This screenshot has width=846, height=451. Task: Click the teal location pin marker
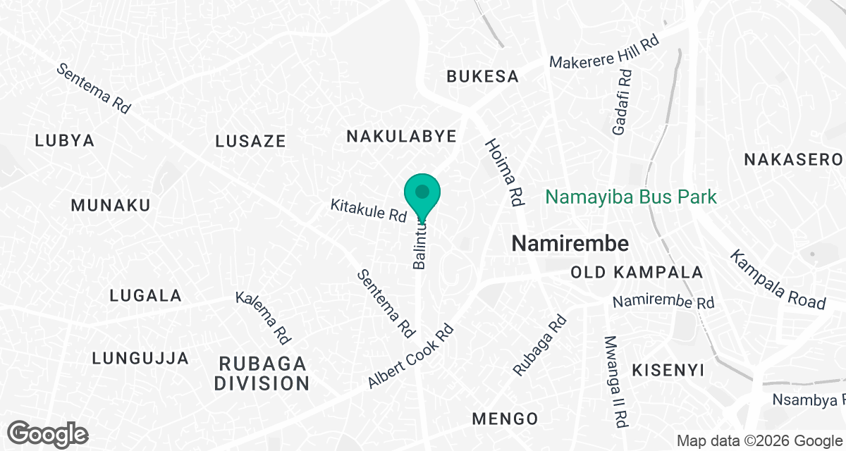coord(422,193)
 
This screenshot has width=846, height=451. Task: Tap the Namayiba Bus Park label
coord(631,197)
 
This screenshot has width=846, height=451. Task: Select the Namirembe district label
coord(570,243)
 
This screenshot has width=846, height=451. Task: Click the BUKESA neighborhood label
coord(483,77)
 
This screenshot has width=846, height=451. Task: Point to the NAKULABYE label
coord(401,137)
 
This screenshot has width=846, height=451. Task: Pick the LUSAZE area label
coord(251,142)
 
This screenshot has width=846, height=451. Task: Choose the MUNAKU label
coord(111,206)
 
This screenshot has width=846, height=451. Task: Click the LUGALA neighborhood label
coord(146,295)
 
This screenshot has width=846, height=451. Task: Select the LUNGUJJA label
coord(141,359)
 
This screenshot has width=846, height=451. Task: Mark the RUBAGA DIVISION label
coord(262,373)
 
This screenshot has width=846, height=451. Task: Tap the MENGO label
coord(505,419)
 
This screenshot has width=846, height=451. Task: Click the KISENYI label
coord(668,370)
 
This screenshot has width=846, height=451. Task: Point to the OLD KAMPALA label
coord(637,273)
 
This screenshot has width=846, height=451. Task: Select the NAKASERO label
coord(793,160)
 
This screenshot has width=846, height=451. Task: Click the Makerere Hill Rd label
coord(603,52)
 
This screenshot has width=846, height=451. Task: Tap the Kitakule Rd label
coord(369,209)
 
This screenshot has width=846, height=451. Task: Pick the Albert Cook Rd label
coord(410,357)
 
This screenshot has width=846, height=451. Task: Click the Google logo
coord(48,434)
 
